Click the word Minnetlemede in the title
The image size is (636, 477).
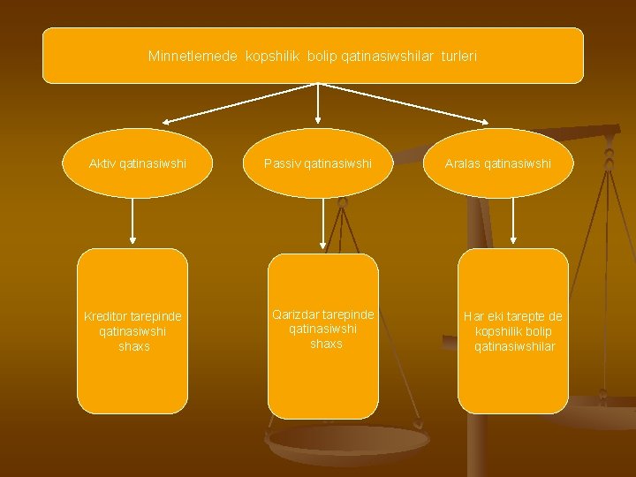[x=193, y=56]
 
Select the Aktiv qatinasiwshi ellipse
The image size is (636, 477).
[x=138, y=163]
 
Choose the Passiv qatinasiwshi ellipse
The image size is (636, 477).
[x=317, y=163]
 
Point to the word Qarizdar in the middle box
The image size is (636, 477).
[x=297, y=314]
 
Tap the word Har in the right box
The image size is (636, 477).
[x=474, y=316]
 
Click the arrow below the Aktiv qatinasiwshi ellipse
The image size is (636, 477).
[x=133, y=221]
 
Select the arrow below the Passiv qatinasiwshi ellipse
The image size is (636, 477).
[x=322, y=223]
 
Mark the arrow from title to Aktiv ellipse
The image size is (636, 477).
[x=238, y=102]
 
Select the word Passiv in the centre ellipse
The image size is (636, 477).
[x=282, y=163]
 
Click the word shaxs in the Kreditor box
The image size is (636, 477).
[x=133, y=346]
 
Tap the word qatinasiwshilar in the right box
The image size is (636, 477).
[x=514, y=346]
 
